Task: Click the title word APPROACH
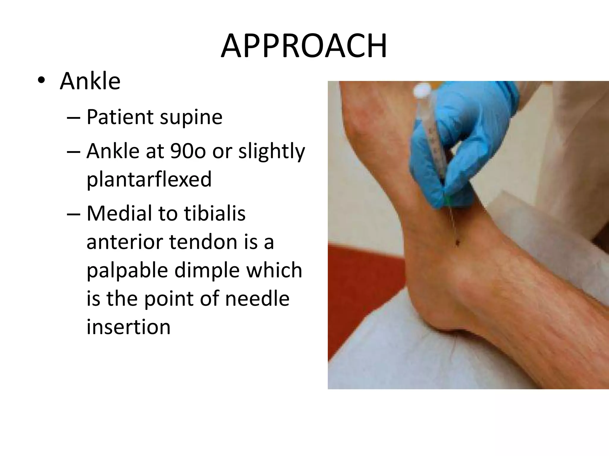[304, 46]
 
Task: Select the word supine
[191, 117]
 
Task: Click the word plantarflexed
[149, 179]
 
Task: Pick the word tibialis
[215, 213]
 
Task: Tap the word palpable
[127, 270]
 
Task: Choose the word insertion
[128, 327]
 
